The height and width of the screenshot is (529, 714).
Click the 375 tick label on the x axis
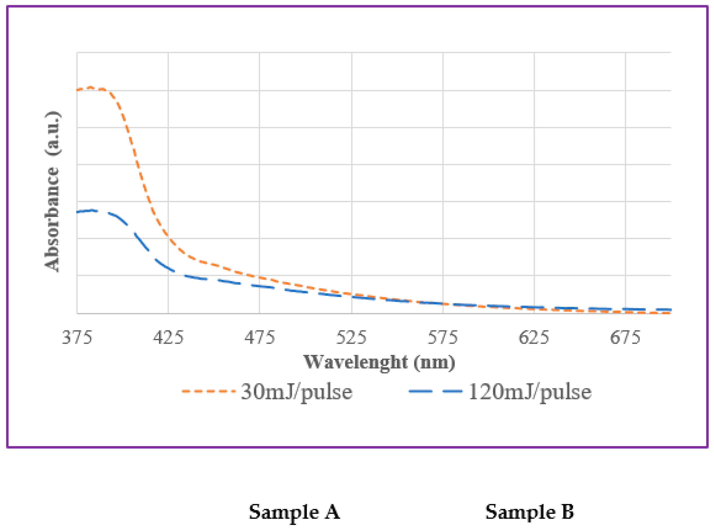[x=77, y=338]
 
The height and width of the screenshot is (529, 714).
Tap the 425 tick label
[x=168, y=338]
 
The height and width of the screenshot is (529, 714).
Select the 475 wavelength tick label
[x=260, y=338]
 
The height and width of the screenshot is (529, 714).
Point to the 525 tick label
[x=351, y=338]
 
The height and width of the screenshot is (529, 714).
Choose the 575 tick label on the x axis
[x=443, y=338]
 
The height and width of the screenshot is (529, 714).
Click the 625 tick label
[x=534, y=338]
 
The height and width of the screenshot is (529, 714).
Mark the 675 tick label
[x=625, y=338]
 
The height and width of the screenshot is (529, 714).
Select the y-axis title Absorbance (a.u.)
[x=52, y=191]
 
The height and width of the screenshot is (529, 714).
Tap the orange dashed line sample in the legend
[x=208, y=391]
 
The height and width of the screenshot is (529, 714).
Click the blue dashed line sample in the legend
[x=436, y=391]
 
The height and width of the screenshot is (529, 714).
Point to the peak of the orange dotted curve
[x=91, y=87]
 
